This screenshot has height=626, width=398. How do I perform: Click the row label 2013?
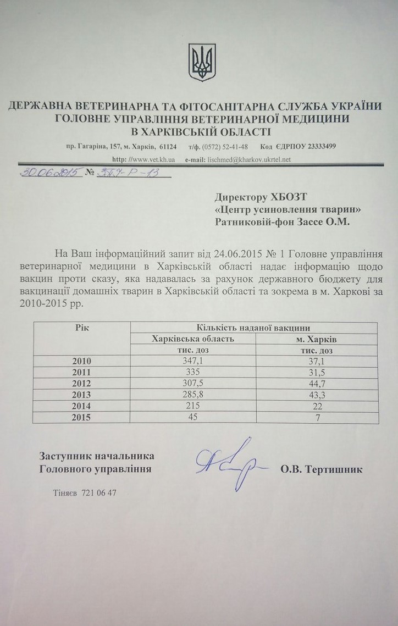pos(82,394)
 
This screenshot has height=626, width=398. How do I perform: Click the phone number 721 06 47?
pos(98,492)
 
